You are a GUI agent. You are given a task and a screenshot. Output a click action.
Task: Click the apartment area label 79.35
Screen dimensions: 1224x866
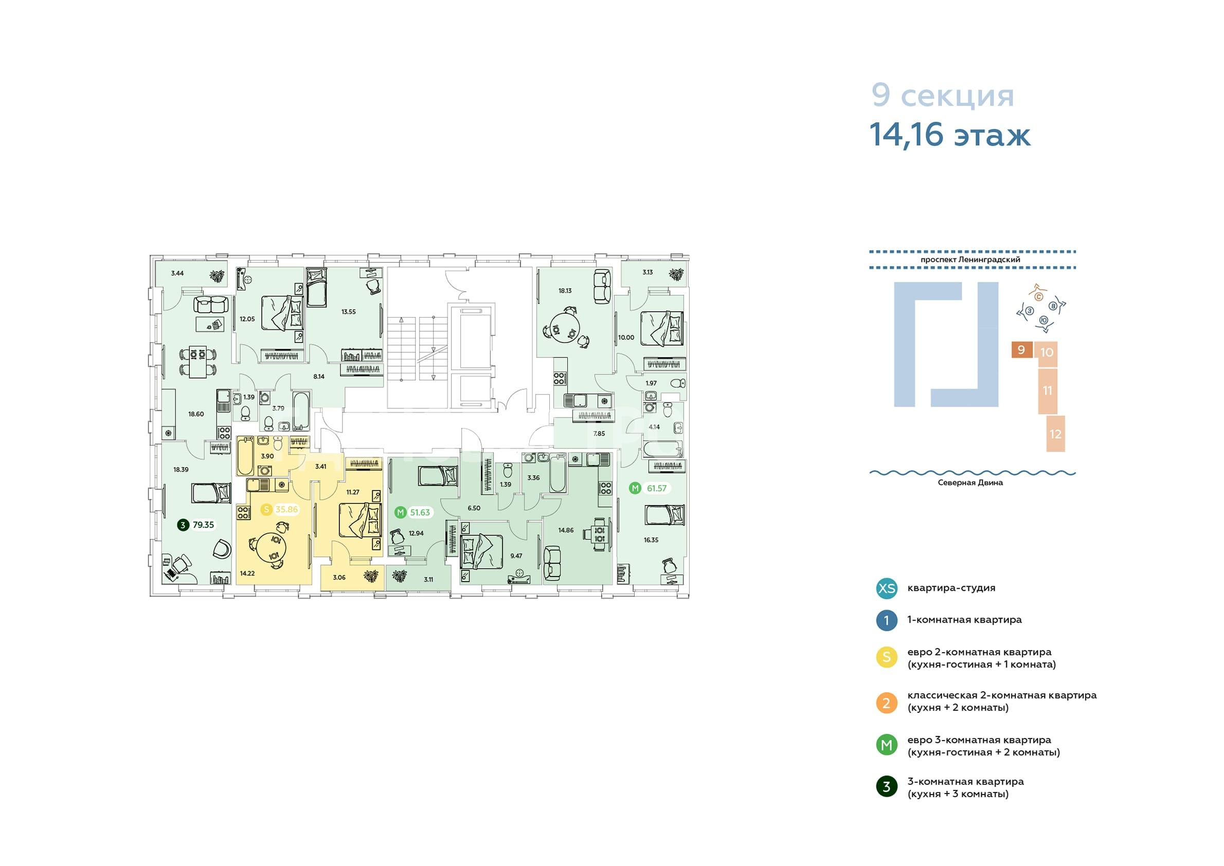point(203,525)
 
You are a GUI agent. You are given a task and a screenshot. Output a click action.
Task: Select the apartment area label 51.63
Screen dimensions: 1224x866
point(420,513)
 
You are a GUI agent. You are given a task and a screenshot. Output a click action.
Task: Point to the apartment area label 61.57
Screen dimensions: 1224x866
point(657,488)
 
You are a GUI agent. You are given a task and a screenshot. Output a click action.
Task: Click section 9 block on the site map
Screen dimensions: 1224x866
point(1022,350)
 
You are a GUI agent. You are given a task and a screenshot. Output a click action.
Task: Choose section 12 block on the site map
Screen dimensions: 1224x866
point(1055,434)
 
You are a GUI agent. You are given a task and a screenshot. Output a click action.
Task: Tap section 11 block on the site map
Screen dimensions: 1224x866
point(1048,391)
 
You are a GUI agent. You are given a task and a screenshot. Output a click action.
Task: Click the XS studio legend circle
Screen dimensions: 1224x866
point(887,588)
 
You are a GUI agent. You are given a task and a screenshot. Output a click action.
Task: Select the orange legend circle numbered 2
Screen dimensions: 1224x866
point(887,703)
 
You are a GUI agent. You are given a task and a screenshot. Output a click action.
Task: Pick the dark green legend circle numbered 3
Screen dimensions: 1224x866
point(887,786)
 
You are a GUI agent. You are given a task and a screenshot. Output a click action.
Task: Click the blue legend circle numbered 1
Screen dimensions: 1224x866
point(887,620)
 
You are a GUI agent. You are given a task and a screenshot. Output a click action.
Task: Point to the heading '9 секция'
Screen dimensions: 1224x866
point(942,96)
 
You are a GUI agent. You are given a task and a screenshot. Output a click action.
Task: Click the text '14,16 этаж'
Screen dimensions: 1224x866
point(950,134)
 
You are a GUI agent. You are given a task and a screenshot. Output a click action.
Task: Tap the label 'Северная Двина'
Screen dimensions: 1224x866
point(970,482)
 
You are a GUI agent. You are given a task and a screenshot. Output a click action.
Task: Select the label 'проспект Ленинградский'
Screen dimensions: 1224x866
point(970,260)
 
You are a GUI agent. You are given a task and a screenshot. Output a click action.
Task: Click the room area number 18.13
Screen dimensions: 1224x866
point(565,291)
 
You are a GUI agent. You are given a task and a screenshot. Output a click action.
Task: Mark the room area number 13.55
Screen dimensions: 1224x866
point(348,312)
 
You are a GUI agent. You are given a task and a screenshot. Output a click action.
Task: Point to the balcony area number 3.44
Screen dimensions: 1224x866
point(177,273)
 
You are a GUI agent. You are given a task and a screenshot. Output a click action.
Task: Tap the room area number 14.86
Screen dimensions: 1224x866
point(566,530)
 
